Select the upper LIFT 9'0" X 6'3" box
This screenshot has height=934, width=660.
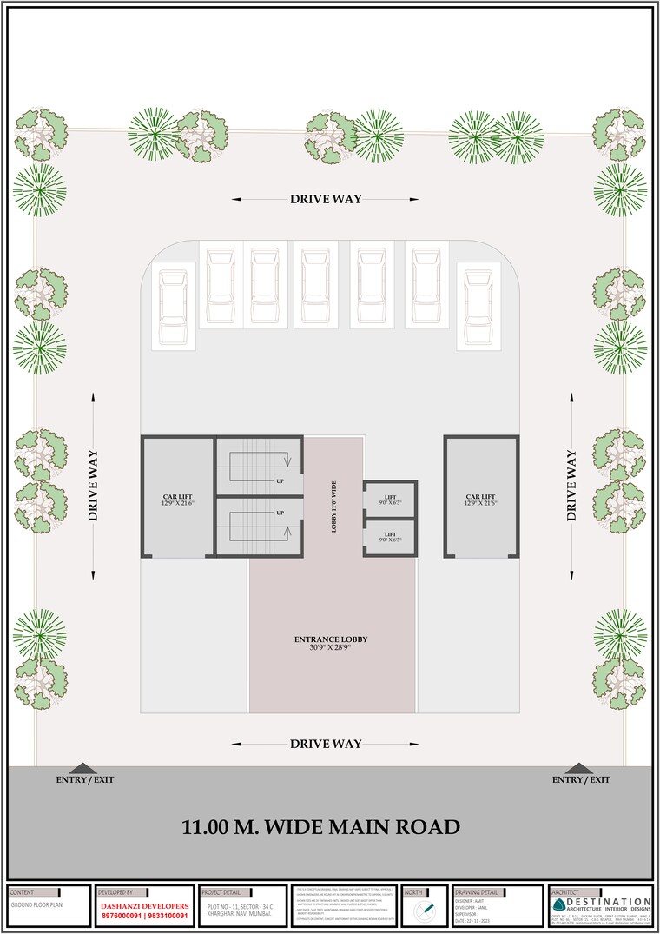click(390, 500)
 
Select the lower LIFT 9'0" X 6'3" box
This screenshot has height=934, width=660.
click(390, 537)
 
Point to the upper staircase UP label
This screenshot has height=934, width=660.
click(280, 480)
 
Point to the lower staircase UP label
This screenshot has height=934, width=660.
click(280, 513)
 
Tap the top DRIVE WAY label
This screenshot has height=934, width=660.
click(326, 199)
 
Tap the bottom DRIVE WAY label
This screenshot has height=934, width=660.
click(326, 744)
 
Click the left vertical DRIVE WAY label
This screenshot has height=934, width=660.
click(93, 485)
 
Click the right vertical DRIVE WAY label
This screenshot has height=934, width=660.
click(571, 485)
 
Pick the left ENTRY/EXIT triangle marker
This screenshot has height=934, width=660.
click(83, 768)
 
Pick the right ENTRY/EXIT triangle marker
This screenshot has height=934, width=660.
click(578, 768)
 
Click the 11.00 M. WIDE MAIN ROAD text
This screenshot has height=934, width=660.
click(320, 827)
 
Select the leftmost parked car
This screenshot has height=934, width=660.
click(170, 305)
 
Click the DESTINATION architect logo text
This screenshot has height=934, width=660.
click(608, 903)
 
